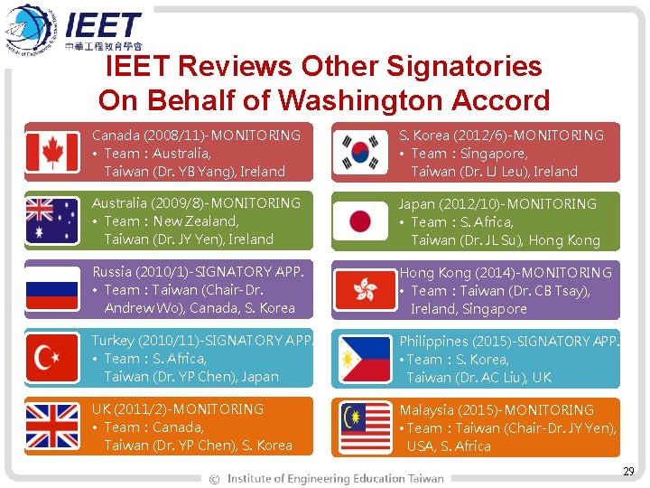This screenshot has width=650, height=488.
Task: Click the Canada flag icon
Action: click(x=52, y=152)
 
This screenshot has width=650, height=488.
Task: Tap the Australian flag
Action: click(x=52, y=221)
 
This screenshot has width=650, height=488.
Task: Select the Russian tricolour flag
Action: click(x=52, y=289)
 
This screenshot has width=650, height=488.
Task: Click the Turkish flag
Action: click(x=52, y=358)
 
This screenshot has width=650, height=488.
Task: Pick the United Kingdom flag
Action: click(x=52, y=427)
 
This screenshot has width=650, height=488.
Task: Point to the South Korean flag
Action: click(x=359, y=152)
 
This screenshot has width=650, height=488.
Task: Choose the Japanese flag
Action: click(x=359, y=221)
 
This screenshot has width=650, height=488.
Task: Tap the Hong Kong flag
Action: click(x=365, y=290)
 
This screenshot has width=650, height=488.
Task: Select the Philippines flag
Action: click(x=365, y=359)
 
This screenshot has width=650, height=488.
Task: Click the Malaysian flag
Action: click(x=365, y=427)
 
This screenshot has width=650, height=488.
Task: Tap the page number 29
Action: click(x=628, y=472)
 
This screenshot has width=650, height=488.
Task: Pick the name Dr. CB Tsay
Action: click(x=554, y=291)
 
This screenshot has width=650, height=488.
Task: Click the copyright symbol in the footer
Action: click(x=214, y=478)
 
